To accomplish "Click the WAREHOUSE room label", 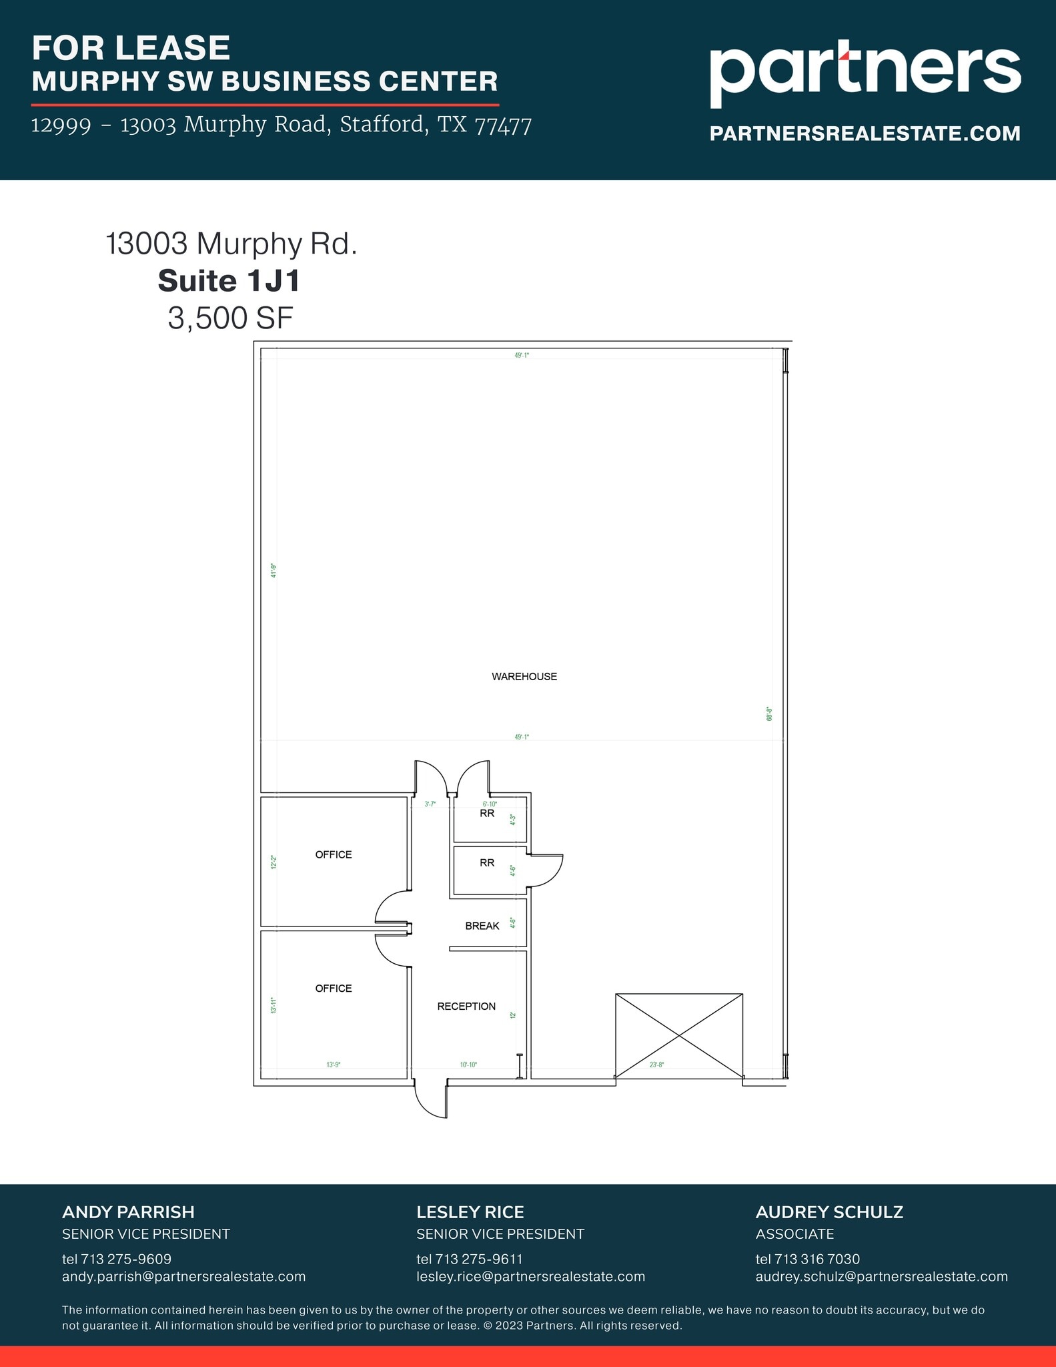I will tap(524, 676).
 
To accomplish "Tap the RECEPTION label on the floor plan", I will tap(466, 1006).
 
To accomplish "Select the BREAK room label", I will tap(482, 926).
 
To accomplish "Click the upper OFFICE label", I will tap(333, 854).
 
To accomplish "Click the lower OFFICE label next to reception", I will tap(333, 988).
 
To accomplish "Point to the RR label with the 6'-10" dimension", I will tap(487, 814).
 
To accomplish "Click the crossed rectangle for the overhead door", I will tap(678, 1035).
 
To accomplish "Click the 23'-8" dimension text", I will tap(656, 1065).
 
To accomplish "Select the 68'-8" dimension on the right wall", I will tap(769, 714).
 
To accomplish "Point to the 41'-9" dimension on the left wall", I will tap(274, 571).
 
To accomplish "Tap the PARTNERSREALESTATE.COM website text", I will tap(865, 133).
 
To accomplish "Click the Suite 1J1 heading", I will tap(229, 281).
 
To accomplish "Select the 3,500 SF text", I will tap(230, 318).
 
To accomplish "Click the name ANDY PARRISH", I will tap(128, 1212).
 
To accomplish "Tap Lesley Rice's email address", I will tap(530, 1277).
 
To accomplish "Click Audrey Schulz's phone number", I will tap(807, 1259).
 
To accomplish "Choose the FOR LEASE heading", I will tap(131, 48).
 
